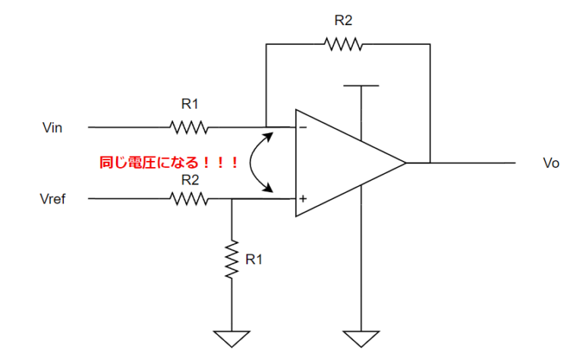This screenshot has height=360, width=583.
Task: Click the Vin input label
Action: point(52,128)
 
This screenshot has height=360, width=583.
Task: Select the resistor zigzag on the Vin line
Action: point(188,126)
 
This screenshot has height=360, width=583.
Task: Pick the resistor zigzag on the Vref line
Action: point(188,199)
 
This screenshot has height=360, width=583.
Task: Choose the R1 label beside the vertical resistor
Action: point(254,259)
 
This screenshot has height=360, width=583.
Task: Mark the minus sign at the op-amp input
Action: point(303,128)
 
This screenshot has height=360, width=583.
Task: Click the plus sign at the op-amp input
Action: point(303,199)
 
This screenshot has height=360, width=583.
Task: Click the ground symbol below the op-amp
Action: point(361,336)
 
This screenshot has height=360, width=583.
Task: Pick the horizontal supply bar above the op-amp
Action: point(361,85)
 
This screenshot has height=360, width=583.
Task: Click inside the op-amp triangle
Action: point(342,163)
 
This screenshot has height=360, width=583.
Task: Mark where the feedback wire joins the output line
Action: point(430,163)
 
